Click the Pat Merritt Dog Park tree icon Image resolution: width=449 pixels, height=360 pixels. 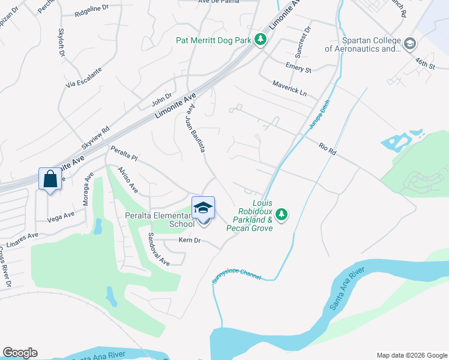260,40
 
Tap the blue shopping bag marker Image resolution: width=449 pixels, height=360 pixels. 49,179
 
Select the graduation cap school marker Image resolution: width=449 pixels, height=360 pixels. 203,208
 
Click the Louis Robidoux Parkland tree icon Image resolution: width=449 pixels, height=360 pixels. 282,214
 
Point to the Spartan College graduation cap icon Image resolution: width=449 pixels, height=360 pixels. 409,44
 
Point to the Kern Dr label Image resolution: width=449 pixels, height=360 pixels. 188,241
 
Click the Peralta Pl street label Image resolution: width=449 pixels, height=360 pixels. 124,154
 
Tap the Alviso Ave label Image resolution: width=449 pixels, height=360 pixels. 128,180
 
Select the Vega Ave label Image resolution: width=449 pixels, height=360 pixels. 61,216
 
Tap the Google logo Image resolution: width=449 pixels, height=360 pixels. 20,353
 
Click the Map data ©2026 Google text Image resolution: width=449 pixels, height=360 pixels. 411,355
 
